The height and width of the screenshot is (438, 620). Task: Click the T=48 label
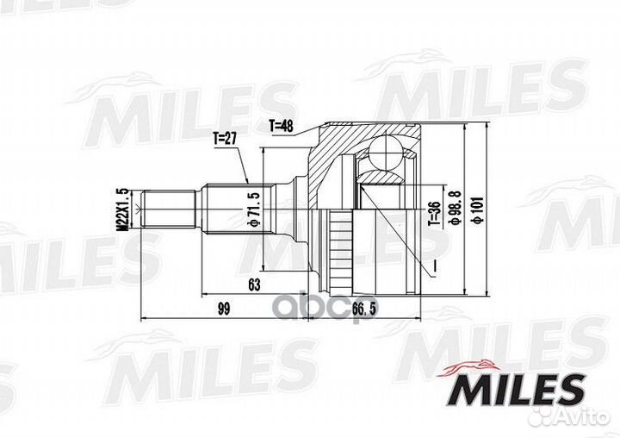point(281,127)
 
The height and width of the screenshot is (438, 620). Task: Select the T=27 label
point(226,137)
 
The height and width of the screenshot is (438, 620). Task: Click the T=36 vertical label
point(435,210)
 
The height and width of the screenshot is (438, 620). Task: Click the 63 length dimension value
point(253,285)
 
